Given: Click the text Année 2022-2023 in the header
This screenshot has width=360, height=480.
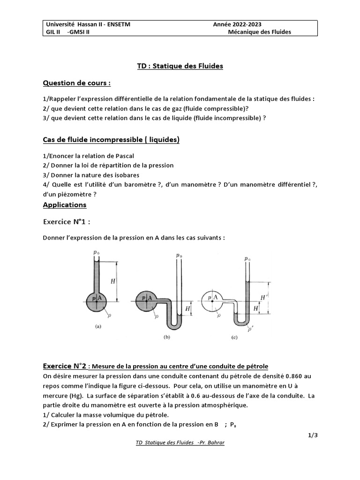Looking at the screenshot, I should (x=237, y=24).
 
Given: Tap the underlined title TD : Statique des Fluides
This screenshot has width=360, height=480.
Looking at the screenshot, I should (x=180, y=66).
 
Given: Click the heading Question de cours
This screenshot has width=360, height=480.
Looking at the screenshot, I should (x=77, y=83).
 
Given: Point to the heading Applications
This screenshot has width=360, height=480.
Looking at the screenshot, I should (x=65, y=205).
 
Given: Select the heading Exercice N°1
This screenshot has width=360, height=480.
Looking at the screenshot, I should (x=67, y=221).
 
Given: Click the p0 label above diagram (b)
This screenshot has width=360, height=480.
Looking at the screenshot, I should (x=179, y=256).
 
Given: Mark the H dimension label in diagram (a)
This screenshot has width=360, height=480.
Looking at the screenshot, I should (x=112, y=281).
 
